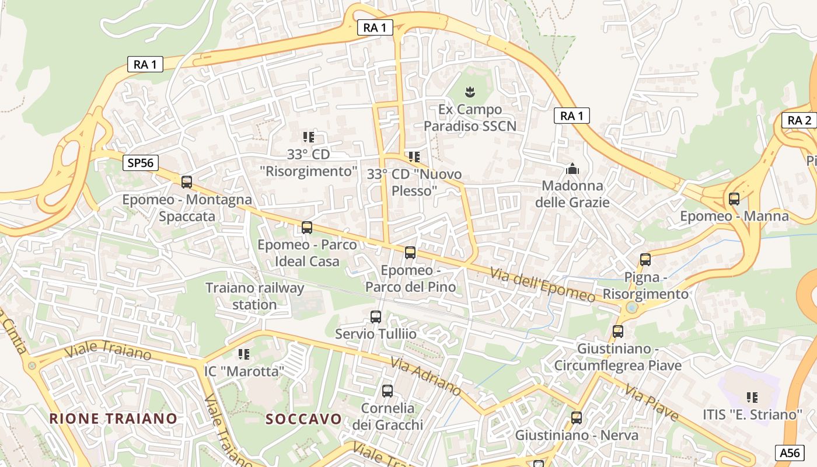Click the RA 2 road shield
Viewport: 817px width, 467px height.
(799, 120)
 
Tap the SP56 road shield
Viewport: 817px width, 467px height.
(141, 163)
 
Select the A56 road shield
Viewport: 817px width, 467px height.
(790, 452)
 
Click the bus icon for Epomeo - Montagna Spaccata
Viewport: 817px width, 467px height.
(187, 182)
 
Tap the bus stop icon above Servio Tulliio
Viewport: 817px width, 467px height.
(376, 317)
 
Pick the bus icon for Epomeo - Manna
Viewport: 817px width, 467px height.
(734, 199)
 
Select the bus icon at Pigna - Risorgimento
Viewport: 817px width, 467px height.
(645, 260)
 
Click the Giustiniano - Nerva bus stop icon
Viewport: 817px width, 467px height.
(577, 418)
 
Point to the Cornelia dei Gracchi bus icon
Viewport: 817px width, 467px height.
(387, 391)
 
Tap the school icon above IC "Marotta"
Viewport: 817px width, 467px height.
(244, 354)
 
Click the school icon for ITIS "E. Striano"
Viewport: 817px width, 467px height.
(752, 398)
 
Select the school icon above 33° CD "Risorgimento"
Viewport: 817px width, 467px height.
(308, 137)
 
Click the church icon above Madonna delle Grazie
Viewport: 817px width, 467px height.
(572, 169)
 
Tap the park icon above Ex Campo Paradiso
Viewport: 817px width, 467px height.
(469, 92)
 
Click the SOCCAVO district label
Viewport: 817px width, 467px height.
(303, 419)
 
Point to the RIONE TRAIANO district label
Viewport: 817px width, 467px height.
(113, 418)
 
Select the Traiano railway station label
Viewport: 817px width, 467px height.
(255, 296)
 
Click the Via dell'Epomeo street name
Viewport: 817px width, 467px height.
(543, 285)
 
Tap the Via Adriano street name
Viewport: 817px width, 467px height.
(426, 375)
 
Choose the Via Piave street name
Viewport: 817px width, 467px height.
(652, 402)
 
